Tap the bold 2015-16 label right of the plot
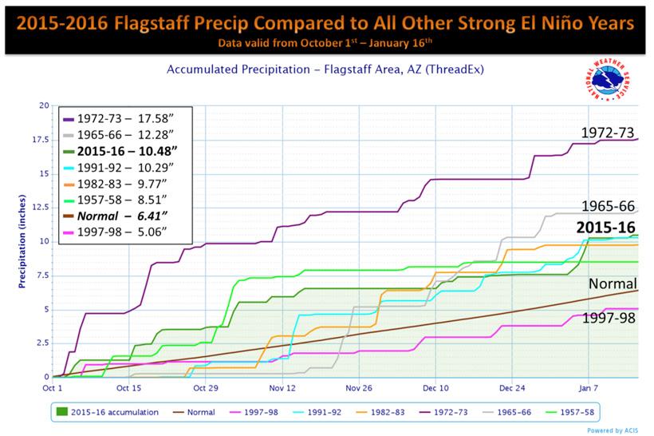tap(608, 226)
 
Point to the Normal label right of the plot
tap(613, 283)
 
